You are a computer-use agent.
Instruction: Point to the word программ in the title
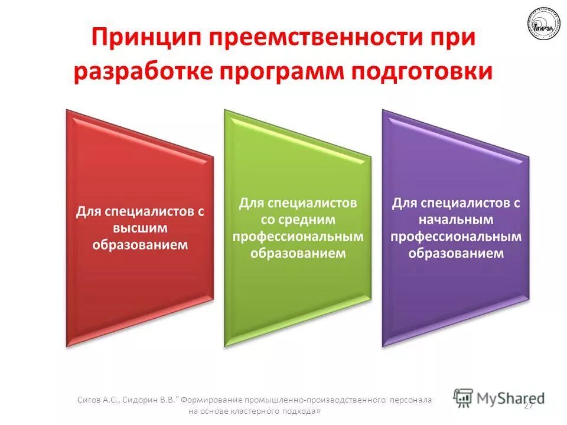coord(283,71)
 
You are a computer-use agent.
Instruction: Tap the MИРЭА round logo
coord(543,24)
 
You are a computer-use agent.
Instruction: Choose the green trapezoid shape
coord(298,289)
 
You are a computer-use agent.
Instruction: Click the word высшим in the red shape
coord(140,227)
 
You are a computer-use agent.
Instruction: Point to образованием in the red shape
coord(140,244)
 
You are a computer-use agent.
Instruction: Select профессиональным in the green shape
coord(298,236)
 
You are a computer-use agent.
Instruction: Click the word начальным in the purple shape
coord(456,219)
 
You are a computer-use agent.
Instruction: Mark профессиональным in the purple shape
coord(456,236)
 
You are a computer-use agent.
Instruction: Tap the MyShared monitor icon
coord(464,397)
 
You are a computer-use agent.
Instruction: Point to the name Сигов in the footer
coord(89,400)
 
